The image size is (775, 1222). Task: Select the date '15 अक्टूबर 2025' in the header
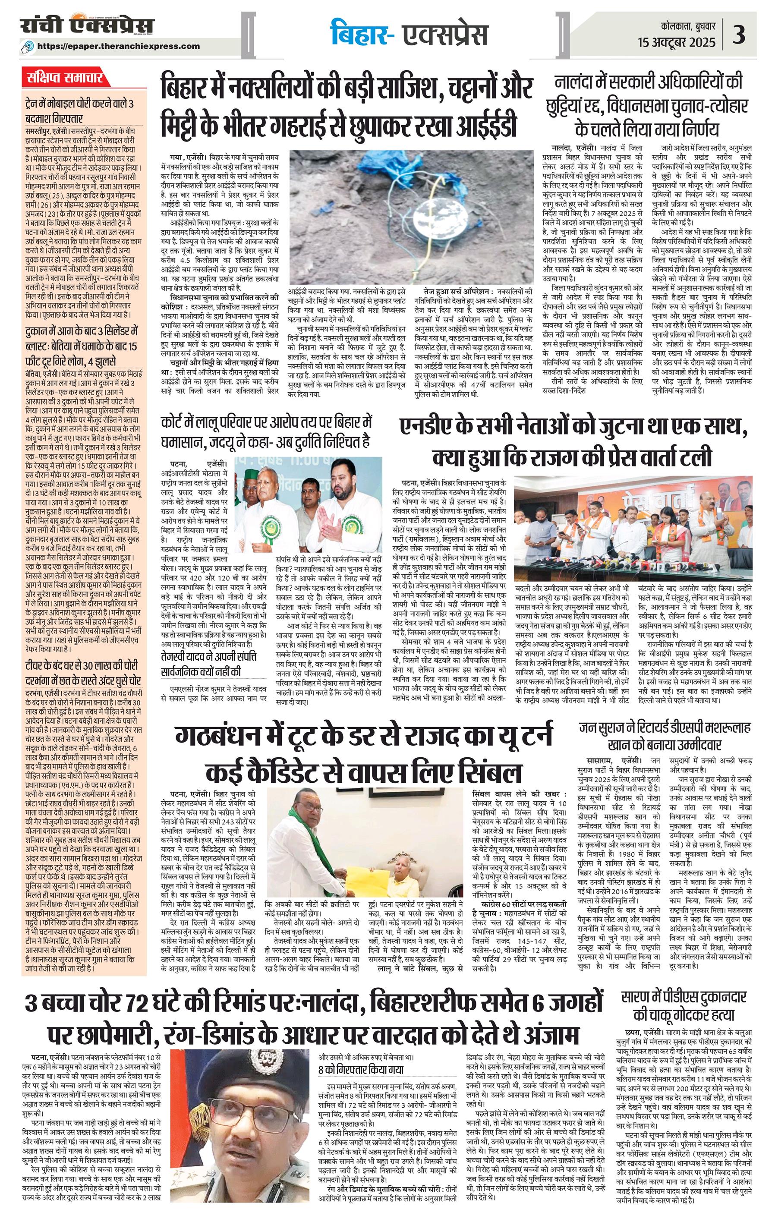[x=677, y=41]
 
